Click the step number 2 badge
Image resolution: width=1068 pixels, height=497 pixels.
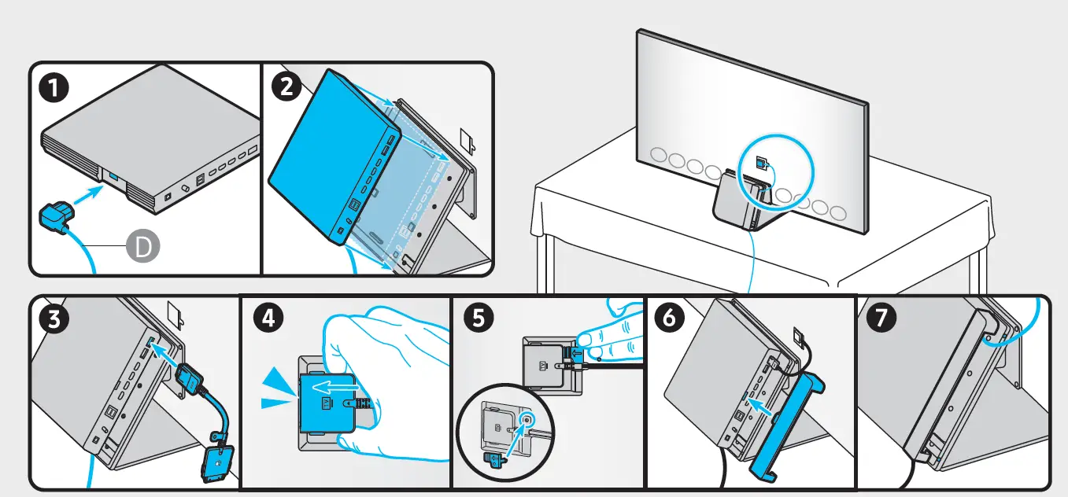pyautogui.click(x=285, y=87)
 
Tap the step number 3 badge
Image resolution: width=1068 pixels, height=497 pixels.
pyautogui.click(x=53, y=318)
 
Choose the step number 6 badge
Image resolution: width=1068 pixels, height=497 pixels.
pyautogui.click(x=670, y=318)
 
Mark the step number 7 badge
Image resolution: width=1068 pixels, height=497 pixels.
pyautogui.click(x=878, y=318)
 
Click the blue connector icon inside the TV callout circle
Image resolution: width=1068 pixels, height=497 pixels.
pyautogui.click(x=760, y=163)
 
